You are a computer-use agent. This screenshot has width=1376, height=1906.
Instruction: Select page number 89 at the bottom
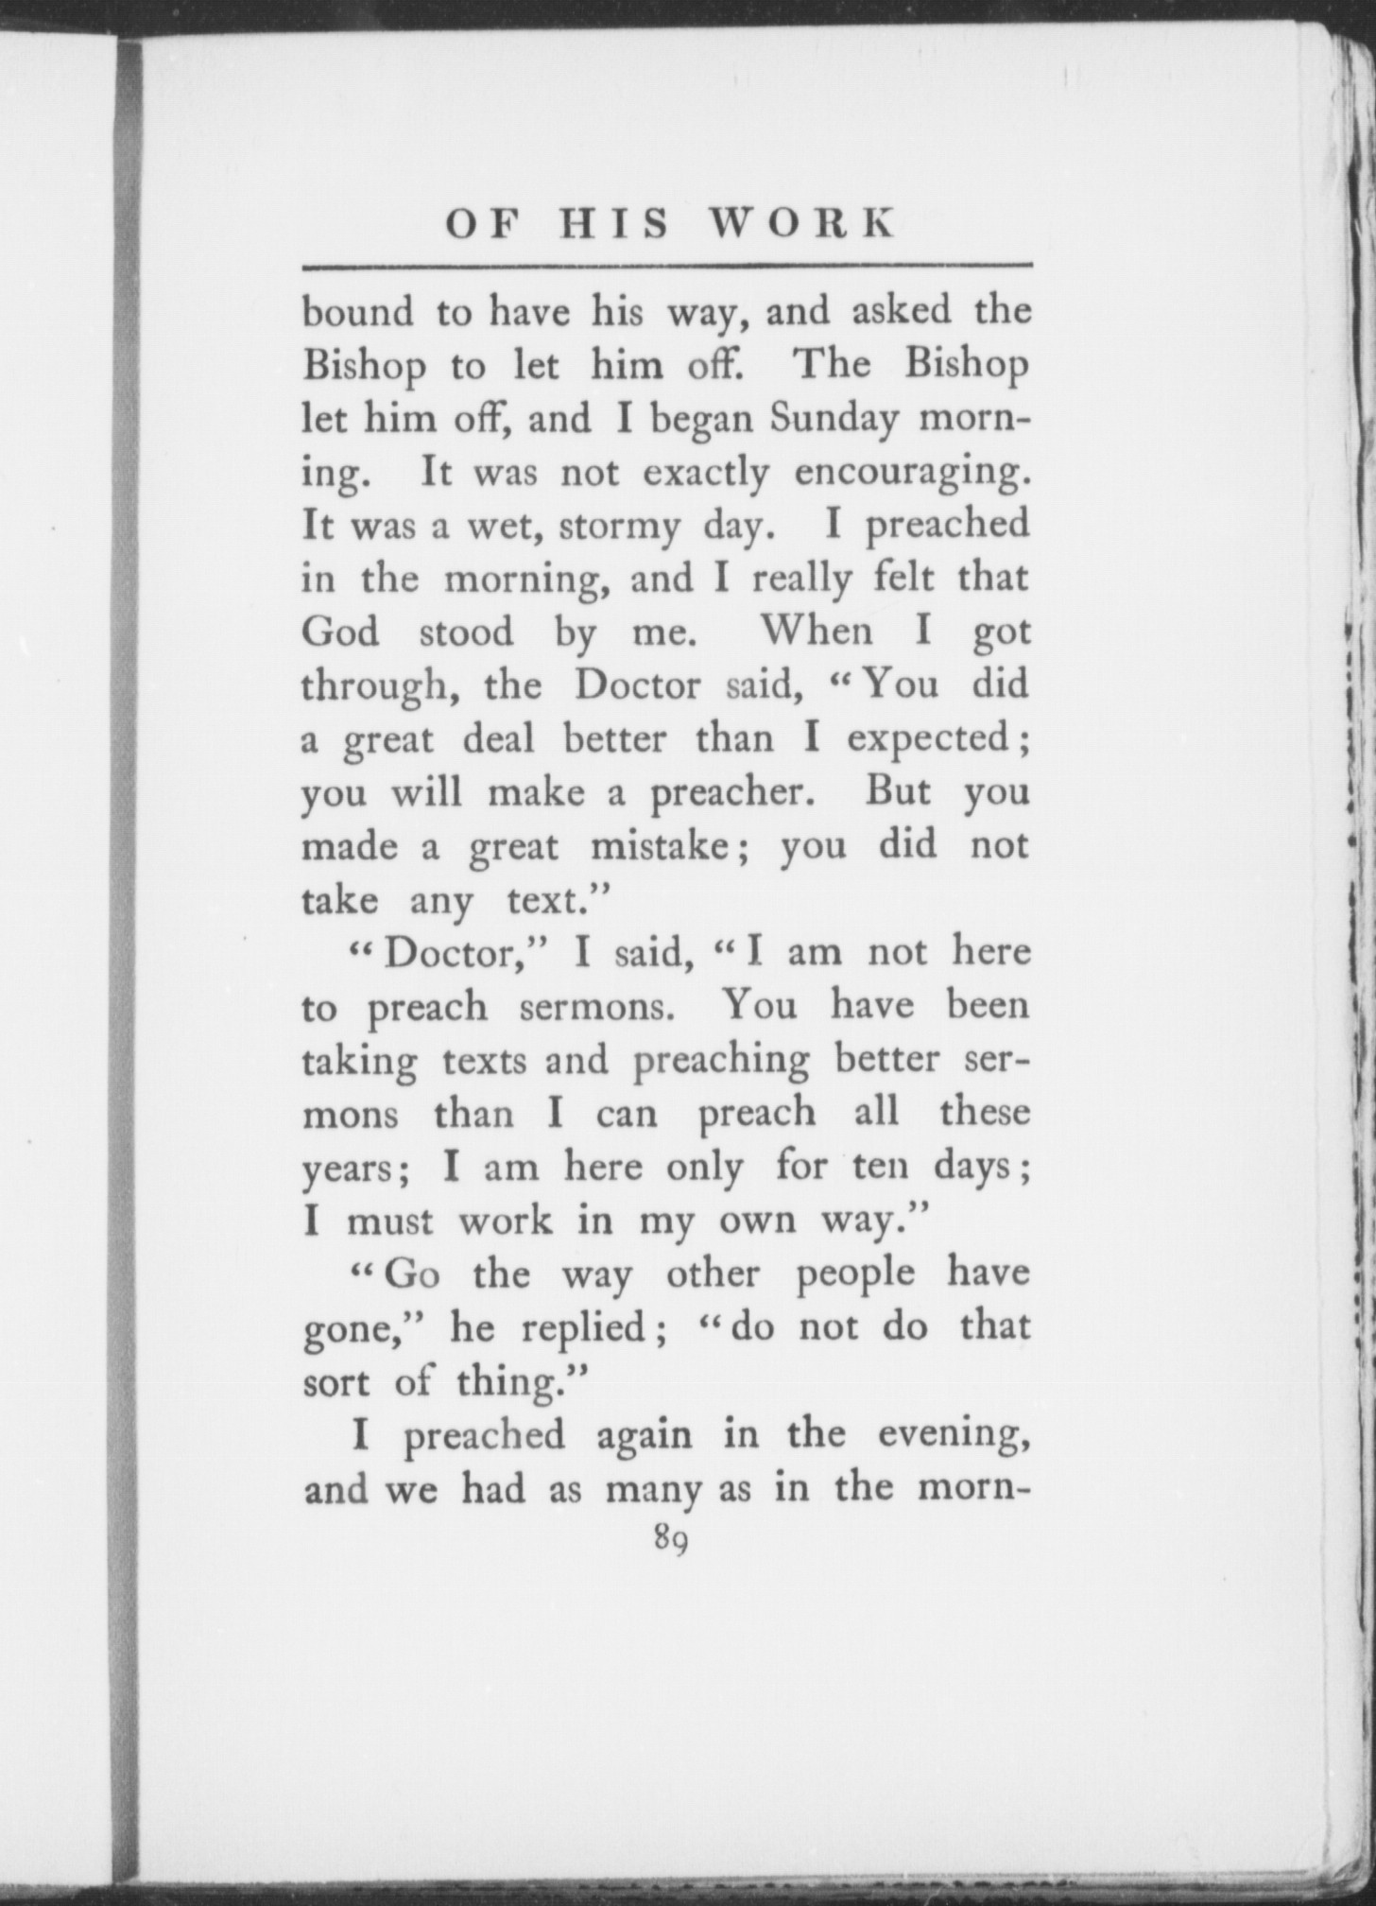(x=668, y=1542)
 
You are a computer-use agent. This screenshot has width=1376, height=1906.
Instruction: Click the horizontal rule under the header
(x=667, y=265)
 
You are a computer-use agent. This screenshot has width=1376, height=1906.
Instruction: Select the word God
(x=340, y=632)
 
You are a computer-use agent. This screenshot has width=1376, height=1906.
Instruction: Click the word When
(x=817, y=632)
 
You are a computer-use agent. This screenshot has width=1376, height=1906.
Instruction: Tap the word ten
(x=880, y=1169)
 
